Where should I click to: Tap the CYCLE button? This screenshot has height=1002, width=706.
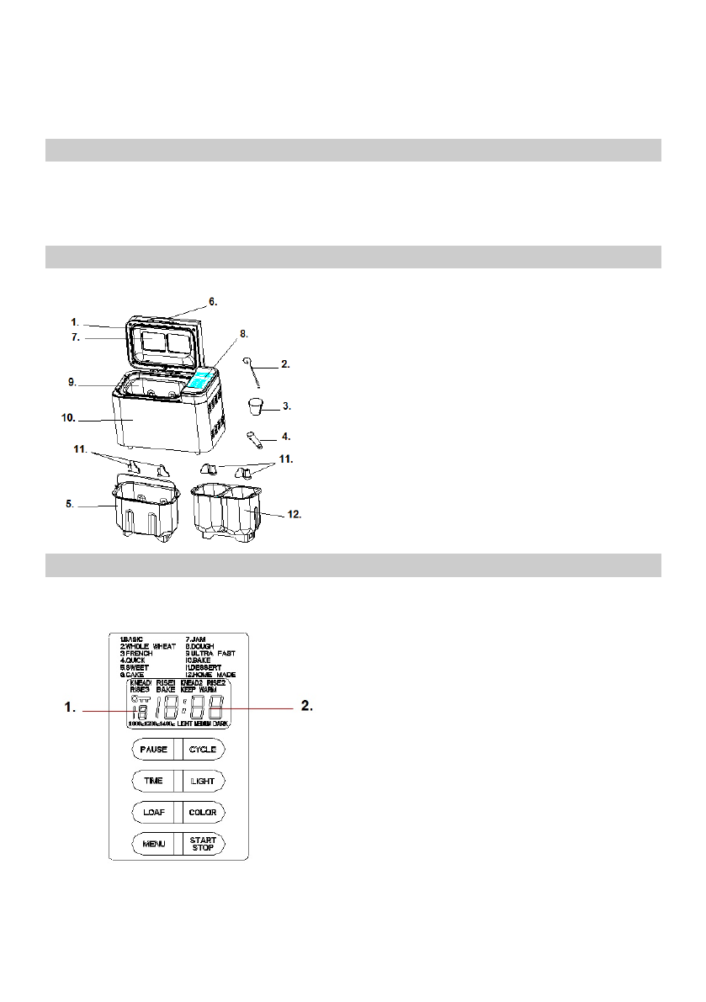coord(202,749)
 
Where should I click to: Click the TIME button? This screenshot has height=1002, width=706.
coord(153,781)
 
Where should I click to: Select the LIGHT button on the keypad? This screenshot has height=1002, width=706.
coord(202,781)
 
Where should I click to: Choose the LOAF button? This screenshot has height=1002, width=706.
coord(153,813)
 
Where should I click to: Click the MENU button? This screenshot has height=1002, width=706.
coord(153,844)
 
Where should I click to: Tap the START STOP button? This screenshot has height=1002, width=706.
coord(202,844)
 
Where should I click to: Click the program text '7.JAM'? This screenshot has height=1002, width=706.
coord(197,639)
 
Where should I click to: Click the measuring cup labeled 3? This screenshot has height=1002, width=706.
coord(256,407)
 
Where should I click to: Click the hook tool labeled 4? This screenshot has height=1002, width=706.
coord(256,438)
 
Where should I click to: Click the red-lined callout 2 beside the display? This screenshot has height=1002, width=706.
coord(307,708)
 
